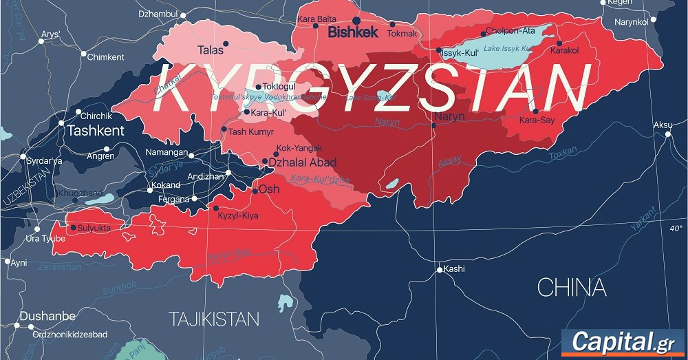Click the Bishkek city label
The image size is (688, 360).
(352, 32)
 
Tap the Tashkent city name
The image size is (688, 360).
(95, 131)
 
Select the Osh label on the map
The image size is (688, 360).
(268, 189)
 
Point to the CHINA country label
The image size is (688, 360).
(571, 288)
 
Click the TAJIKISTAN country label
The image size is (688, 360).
(214, 319)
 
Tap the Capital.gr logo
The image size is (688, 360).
(621, 342)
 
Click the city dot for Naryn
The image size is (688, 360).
(434, 125)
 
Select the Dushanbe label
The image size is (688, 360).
(47, 316)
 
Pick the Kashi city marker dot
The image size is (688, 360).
(440, 270)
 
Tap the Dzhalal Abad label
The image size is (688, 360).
(303, 162)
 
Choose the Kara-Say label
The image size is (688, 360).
(537, 120)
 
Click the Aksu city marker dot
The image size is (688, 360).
(667, 134)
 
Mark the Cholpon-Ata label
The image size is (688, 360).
(510, 31)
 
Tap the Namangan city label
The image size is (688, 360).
(166, 151)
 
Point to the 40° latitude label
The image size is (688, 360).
(676, 228)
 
